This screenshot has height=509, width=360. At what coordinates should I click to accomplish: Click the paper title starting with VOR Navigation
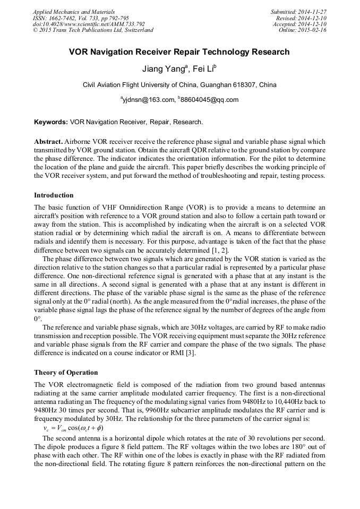tap(179, 52)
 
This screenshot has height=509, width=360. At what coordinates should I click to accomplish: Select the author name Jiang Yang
tap(161, 69)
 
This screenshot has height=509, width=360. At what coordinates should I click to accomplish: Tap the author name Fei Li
tap(202, 69)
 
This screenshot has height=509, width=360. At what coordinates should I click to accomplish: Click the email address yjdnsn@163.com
tap(149, 100)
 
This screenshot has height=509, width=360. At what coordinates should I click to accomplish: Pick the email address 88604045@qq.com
tap(209, 100)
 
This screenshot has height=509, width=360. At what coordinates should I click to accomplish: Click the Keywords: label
tap(51, 122)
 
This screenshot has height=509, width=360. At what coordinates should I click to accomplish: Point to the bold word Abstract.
tap(48, 142)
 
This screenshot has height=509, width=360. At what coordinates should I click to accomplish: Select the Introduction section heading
tap(54, 195)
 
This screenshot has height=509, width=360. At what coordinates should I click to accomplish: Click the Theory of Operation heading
tap(66, 373)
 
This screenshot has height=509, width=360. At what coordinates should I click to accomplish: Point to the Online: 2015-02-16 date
tap(303, 30)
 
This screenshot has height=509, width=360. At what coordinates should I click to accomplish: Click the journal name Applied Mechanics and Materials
tap(74, 12)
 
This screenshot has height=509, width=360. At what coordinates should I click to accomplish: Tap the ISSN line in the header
tap(81, 18)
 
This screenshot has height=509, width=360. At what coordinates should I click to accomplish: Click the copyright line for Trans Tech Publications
tap(93, 30)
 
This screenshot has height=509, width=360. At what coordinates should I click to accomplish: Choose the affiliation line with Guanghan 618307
tap(179, 85)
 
